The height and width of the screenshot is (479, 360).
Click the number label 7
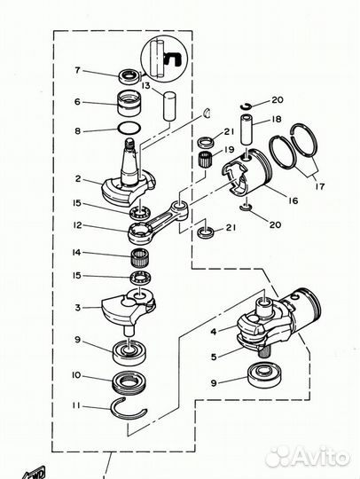[78, 70]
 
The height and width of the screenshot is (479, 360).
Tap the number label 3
[78, 308]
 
